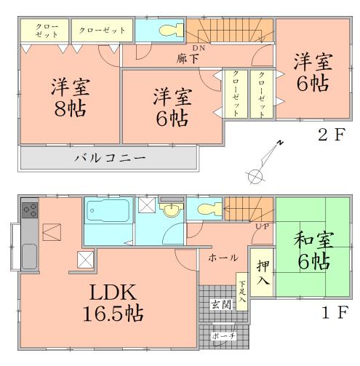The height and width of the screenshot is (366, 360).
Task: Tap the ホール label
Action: coord(221,258)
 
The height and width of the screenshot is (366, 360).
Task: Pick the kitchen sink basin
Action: coord(30,258)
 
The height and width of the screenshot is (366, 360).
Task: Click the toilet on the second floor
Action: coord(166,31)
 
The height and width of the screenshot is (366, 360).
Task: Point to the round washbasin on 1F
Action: coord(172,211)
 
